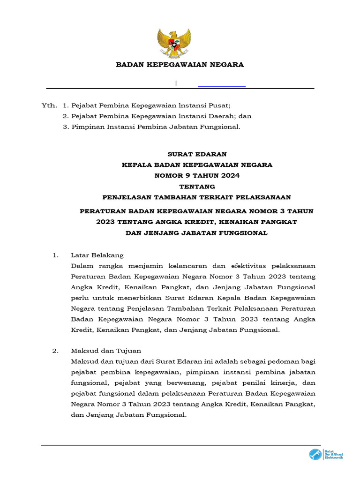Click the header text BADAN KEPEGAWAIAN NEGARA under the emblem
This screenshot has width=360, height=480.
click(x=180, y=65)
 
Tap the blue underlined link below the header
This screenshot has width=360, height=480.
click(x=222, y=84)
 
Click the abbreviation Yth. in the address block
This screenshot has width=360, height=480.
click(x=49, y=105)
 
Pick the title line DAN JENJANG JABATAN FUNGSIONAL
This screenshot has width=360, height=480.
click(x=197, y=233)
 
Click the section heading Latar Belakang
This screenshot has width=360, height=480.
click(x=97, y=255)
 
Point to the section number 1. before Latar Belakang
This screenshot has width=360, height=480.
click(x=55, y=255)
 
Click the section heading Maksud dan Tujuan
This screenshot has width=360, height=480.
click(x=105, y=351)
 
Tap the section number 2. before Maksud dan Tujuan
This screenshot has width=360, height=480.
click(x=55, y=351)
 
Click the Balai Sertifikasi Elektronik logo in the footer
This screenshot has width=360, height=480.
click(x=326, y=454)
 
